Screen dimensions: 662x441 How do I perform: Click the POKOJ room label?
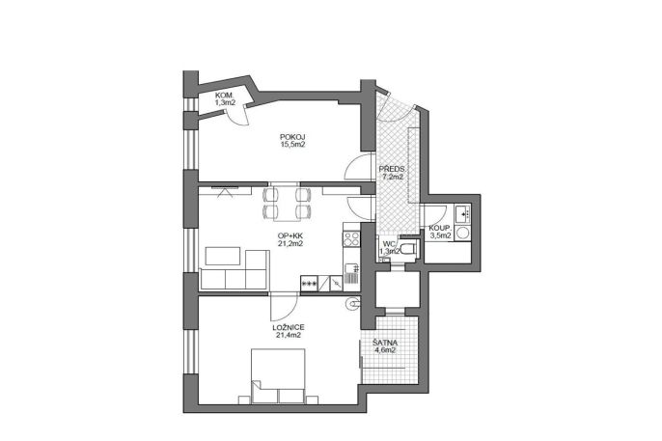click(292, 137)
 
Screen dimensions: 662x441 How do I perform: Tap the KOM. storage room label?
click(224, 95)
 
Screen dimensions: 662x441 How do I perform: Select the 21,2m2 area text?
click(290, 243)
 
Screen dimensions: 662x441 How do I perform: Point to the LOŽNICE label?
click(289, 327)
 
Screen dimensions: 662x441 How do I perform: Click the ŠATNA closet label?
click(385, 343)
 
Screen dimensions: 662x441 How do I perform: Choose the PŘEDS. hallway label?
click(392, 170)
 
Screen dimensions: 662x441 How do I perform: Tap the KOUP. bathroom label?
click(439, 229)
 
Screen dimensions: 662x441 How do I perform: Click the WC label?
click(389, 244)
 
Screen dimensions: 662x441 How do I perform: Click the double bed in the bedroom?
click(278, 375)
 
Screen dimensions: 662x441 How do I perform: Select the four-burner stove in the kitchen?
click(351, 238)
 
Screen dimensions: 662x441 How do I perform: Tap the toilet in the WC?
click(408, 249)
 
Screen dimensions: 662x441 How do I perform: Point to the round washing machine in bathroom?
click(463, 233)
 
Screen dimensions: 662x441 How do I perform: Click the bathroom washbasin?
click(463, 213)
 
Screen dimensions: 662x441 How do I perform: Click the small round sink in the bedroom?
click(353, 303)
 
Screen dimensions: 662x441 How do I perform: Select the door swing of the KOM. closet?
click(237, 116)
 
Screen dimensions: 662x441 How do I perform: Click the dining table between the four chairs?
click(288, 203)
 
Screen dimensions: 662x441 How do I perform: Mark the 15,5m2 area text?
click(292, 145)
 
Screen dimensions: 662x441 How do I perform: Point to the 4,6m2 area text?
click(385, 350)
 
